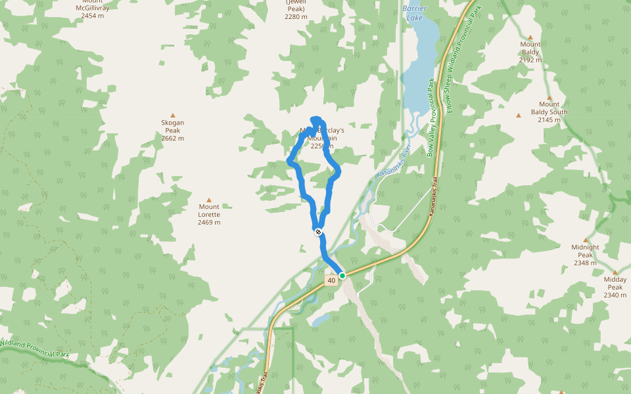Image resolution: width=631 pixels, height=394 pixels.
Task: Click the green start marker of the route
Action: [x=342, y=276]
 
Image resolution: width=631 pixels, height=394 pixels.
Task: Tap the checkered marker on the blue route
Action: [x=318, y=232]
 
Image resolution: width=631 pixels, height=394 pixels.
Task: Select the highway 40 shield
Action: [x=331, y=280]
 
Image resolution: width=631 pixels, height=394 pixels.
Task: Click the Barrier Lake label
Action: [x=414, y=13]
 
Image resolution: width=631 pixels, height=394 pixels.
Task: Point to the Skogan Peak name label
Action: [x=173, y=126]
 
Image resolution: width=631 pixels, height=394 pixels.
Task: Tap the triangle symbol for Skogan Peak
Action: [x=173, y=115]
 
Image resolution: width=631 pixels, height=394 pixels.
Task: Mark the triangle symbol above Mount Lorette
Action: [x=209, y=200]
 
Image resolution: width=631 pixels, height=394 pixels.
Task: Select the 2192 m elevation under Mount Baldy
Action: [x=530, y=60]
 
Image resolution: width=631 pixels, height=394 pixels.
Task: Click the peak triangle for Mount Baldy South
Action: [x=549, y=97]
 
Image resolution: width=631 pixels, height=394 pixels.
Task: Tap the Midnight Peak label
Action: [x=585, y=251]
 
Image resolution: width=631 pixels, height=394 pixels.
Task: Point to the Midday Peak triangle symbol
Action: [x=615, y=272]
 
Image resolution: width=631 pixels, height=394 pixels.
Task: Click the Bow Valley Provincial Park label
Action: [x=431, y=118]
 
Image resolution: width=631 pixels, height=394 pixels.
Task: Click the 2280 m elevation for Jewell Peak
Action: [x=296, y=16]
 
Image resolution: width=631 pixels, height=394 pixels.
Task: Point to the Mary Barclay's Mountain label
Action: [x=321, y=135]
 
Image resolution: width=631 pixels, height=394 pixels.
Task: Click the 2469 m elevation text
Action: [x=209, y=223]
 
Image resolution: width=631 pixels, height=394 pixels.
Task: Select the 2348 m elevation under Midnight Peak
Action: [x=585, y=263]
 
